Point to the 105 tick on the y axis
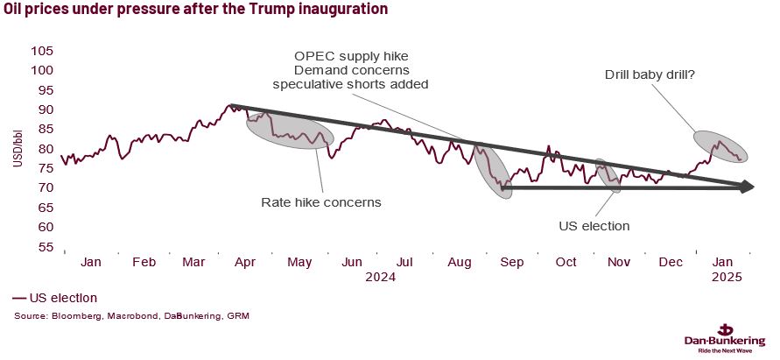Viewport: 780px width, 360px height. point(41,51)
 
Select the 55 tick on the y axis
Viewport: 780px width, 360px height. point(44,247)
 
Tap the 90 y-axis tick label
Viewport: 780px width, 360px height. point(44,109)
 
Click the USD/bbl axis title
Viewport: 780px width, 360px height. point(16,149)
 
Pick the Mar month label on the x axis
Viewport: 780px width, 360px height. point(193,262)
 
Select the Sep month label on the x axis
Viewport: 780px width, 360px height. point(513,262)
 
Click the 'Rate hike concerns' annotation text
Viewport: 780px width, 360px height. point(321,202)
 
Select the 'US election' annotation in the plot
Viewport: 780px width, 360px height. point(594,226)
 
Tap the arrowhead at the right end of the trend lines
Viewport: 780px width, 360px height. point(747,186)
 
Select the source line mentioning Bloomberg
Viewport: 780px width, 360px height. point(131,314)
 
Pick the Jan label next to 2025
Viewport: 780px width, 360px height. point(724,262)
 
